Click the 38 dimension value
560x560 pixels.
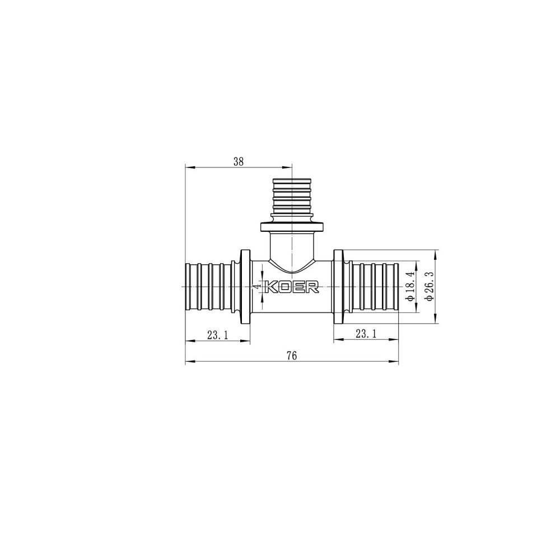pyautogui.click(x=239, y=161)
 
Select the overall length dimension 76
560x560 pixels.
pyautogui.click(x=291, y=356)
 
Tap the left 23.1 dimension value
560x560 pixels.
pyautogui.click(x=217, y=335)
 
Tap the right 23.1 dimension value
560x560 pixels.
pyautogui.click(x=366, y=334)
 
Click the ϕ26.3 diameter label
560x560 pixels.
pyautogui.click(x=430, y=286)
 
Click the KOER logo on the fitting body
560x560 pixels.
pyautogui.click(x=291, y=287)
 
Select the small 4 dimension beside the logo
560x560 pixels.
pyautogui.click(x=256, y=286)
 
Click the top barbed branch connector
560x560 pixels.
pyautogui.click(x=291, y=196)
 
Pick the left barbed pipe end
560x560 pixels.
pyautogui.click(x=208, y=286)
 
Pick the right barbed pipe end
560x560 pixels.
pyautogui.click(x=374, y=286)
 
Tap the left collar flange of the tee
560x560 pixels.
pyautogui.click(x=245, y=286)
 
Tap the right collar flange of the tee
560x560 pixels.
pyautogui.click(x=339, y=286)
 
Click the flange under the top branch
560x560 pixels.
pyautogui.click(x=291, y=227)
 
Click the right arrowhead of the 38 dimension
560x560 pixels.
pyautogui.click(x=289, y=167)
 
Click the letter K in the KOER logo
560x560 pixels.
pyautogui.click(x=270, y=287)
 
